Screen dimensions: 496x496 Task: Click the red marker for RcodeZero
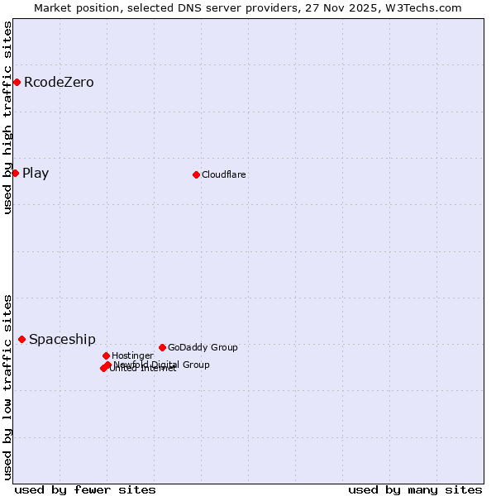(17, 82)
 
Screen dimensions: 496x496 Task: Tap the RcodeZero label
(59, 83)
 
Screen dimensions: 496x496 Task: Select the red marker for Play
(15, 173)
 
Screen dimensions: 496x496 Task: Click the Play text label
(36, 174)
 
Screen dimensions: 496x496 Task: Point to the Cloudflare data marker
(196, 174)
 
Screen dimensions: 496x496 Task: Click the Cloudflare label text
(224, 174)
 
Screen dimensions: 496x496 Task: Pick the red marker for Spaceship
(21, 339)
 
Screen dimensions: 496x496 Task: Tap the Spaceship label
(62, 340)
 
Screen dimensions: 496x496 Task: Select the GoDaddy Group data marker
(162, 347)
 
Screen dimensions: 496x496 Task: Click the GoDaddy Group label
(203, 348)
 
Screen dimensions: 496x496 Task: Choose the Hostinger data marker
(106, 355)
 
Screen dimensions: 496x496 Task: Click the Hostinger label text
(132, 356)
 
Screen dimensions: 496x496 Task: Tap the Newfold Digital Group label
(162, 365)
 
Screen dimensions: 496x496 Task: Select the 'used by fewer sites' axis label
(85, 489)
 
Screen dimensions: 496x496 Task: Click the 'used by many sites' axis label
(415, 489)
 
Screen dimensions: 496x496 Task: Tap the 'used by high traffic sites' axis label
(7, 117)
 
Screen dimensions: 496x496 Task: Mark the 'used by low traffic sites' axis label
(7, 387)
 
